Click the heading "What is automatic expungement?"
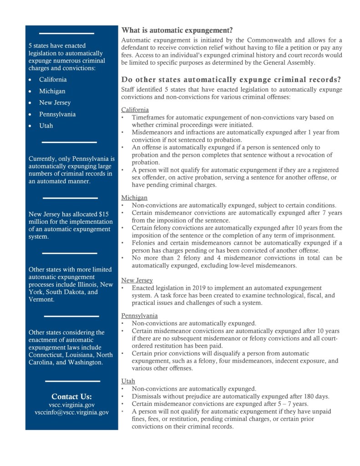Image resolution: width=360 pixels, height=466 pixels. [177, 31]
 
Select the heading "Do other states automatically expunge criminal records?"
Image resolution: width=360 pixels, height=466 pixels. [231, 80]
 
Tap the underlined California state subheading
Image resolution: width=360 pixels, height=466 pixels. [135, 110]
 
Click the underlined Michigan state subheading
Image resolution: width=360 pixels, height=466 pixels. [134, 198]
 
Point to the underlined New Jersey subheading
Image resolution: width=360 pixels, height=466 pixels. [137, 280]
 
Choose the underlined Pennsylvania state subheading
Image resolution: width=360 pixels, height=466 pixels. [139, 315]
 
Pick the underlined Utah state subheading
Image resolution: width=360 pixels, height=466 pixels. [128, 381]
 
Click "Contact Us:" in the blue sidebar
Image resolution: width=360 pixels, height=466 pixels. [71, 396]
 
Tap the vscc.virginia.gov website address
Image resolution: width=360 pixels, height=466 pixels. [71, 405]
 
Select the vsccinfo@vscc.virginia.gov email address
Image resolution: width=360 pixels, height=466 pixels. [71, 412]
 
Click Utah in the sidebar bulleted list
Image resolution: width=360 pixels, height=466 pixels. [46, 126]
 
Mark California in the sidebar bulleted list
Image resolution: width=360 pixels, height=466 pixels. [53, 80]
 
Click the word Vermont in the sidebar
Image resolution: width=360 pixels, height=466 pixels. [41, 300]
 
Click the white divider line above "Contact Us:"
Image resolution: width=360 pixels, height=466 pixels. [72, 381]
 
